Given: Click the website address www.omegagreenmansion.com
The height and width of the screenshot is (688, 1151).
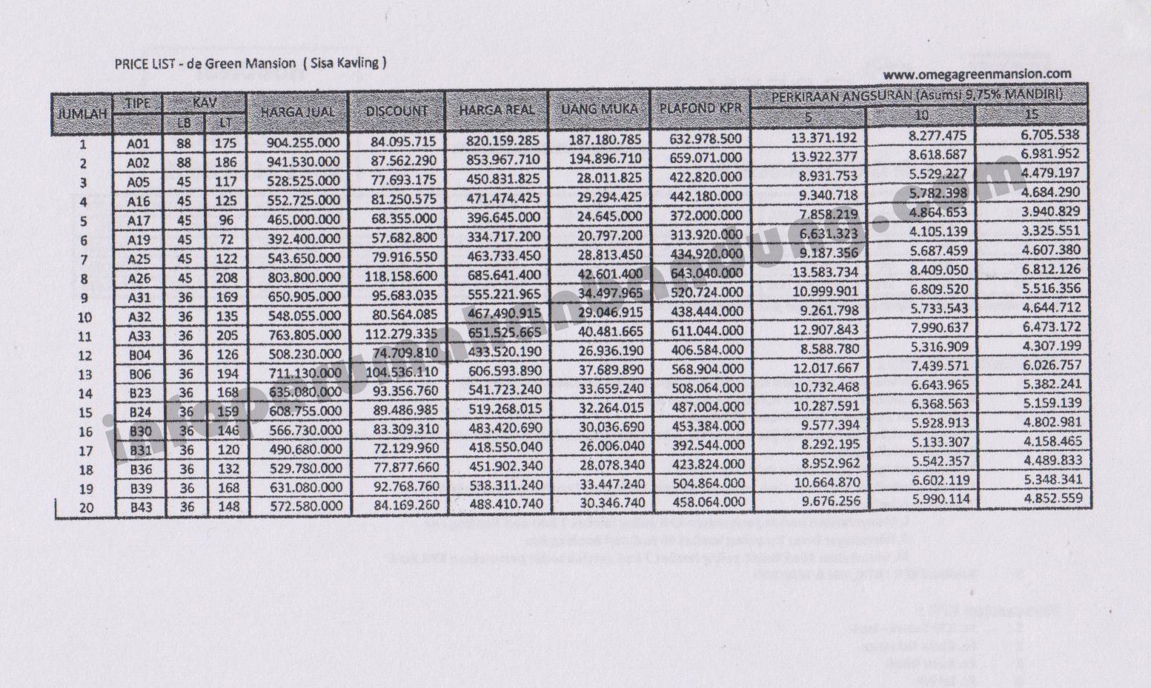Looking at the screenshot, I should [x=977, y=74].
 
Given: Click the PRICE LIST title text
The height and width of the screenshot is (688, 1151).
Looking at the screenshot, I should [x=250, y=63].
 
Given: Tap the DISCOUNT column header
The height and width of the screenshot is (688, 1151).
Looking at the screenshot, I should [x=397, y=112].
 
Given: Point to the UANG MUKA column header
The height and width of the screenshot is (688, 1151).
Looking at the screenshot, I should [x=599, y=110].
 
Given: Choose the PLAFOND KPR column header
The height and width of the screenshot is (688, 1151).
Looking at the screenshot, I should [x=700, y=109].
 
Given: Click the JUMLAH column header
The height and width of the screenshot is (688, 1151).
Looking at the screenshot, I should [x=82, y=115].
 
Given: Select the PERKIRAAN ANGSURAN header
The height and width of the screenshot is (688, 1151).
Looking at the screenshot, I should [x=918, y=96].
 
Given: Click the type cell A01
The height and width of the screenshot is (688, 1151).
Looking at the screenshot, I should [x=139, y=144].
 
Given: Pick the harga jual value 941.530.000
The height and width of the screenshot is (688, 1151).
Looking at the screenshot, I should [x=303, y=162].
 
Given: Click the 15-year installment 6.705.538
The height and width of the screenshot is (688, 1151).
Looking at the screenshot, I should [x=1050, y=135].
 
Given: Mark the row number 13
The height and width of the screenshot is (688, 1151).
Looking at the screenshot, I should [x=84, y=375].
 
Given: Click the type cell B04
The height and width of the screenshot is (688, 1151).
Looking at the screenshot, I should [x=140, y=355].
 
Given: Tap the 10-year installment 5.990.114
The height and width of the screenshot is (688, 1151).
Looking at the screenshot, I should [x=940, y=499].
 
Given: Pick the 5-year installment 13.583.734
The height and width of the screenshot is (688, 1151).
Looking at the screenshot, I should [x=825, y=272].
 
